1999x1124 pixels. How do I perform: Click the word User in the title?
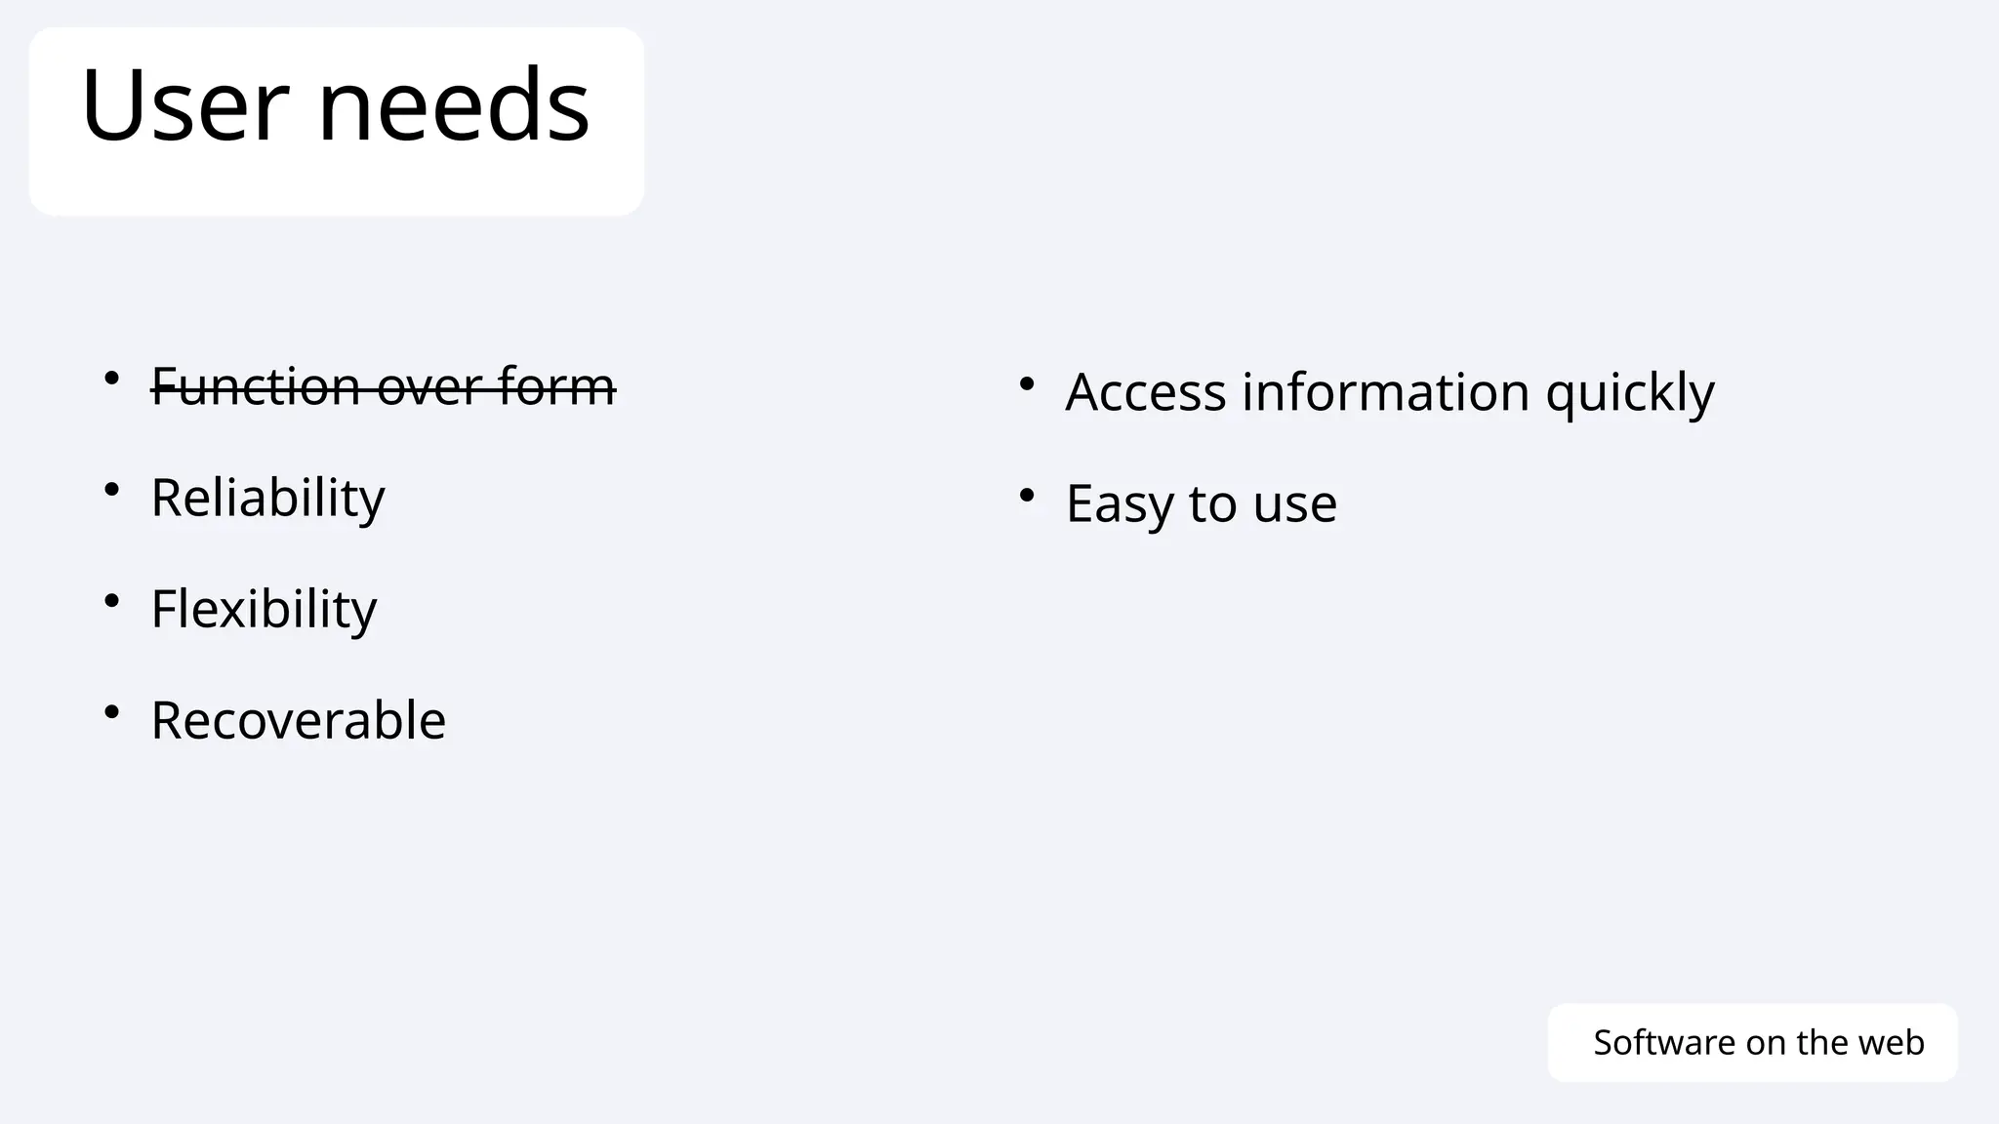(x=185, y=104)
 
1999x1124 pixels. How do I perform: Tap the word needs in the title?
(x=454, y=104)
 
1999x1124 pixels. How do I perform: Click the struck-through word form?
(x=556, y=386)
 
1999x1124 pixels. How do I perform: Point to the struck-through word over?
(x=429, y=386)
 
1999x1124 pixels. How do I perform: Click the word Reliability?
(x=267, y=499)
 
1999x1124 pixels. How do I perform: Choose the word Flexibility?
(x=264, y=610)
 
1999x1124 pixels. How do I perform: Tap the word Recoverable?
(x=298, y=721)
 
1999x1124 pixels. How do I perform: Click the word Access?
(x=1145, y=392)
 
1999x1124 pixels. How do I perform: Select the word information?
(x=1385, y=392)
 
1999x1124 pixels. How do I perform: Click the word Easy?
(x=1119, y=504)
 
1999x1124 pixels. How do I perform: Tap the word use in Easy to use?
(x=1294, y=504)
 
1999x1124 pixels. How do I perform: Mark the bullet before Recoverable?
(x=112, y=711)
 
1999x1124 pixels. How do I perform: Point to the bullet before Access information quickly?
(x=1026, y=383)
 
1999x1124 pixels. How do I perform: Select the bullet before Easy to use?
(x=1026, y=496)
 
